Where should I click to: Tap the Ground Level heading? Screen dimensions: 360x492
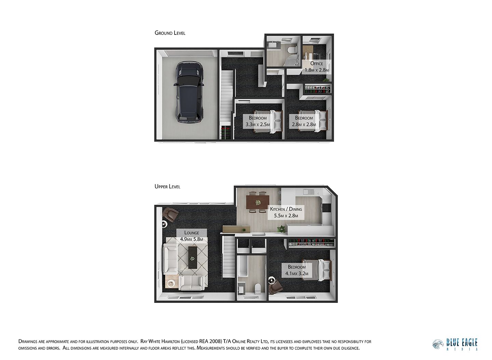(x=170, y=33)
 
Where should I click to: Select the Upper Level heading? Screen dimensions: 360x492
(x=167, y=187)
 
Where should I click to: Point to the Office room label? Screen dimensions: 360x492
(x=316, y=64)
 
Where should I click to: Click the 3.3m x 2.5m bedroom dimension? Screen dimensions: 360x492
(x=258, y=124)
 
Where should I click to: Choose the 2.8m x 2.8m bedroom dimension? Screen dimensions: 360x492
(x=304, y=124)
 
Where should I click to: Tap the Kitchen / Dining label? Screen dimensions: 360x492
(x=286, y=209)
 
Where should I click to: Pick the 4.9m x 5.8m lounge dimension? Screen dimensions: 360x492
(x=191, y=239)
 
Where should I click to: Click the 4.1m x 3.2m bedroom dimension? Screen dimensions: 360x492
(x=297, y=274)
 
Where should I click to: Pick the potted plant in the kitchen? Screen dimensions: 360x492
(x=281, y=228)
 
